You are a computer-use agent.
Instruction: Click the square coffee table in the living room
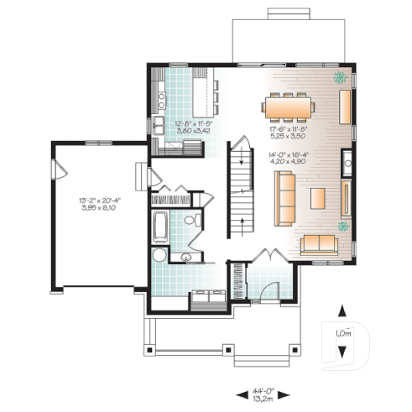319,198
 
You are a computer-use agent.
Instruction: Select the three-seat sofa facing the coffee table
285,193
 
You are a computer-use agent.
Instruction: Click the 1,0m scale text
343,334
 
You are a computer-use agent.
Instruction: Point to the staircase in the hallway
242,185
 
